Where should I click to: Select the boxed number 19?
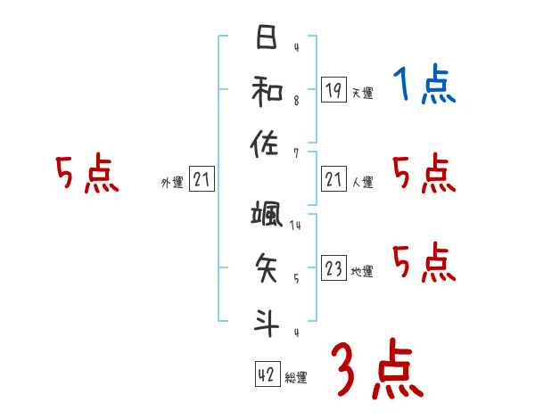point(333,89)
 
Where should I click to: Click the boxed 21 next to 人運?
point(333,180)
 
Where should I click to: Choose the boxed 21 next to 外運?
point(202,180)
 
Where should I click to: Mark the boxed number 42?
point(267,375)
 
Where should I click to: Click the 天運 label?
point(362,93)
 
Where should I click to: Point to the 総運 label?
point(296,378)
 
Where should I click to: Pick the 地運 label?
point(362,272)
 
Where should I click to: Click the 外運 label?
point(172,183)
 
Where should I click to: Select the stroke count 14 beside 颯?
point(295,226)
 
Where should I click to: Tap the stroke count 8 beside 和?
point(295,101)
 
